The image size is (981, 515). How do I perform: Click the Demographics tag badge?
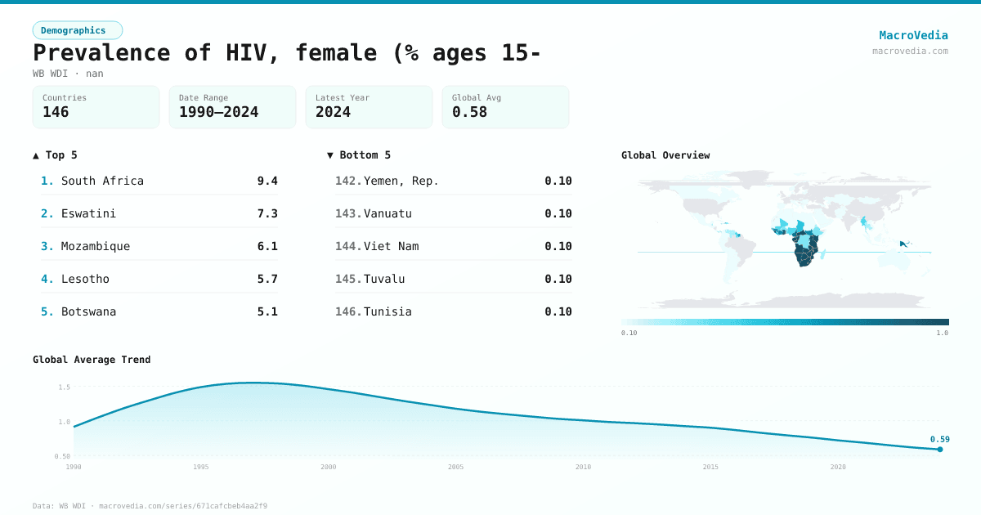coord(77,30)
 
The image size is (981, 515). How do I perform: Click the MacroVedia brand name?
coord(913,35)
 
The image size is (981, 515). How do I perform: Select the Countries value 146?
coord(56,112)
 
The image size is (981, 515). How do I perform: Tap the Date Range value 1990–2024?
coord(218,112)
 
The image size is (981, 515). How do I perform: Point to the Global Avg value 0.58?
coord(469,112)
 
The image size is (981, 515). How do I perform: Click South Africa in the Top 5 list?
coord(102,181)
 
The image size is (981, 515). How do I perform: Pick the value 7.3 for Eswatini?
coord(267,213)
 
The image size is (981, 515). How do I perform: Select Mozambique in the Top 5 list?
coord(96,246)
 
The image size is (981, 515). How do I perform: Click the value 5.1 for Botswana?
coord(267,311)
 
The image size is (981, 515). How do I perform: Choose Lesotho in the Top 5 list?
coord(85,279)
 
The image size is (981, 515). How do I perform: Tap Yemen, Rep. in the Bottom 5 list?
coord(401,181)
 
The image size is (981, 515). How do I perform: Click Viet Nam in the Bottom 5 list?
coord(391,246)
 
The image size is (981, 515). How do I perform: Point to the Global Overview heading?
coord(665,155)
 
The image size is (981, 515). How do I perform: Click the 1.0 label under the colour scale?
coord(942,333)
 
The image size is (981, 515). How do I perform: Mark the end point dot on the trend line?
coord(940,449)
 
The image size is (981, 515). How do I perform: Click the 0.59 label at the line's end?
coord(939,439)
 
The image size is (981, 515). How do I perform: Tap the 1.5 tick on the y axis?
coord(64,387)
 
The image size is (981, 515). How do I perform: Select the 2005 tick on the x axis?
coord(455,467)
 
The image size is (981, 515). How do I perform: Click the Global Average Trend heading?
coord(92,360)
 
